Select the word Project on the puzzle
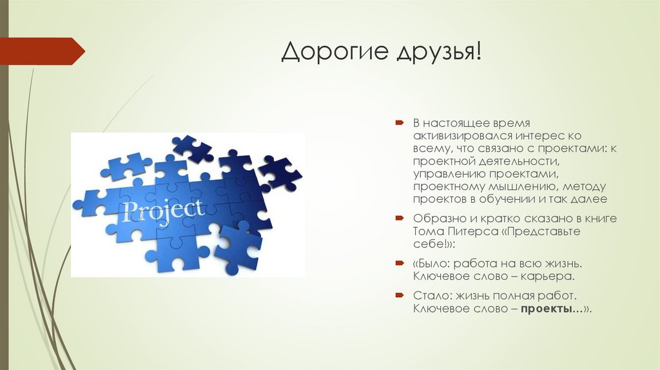(x=165, y=210)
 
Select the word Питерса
(x=467, y=231)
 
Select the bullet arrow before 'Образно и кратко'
(x=400, y=219)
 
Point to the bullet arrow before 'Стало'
(x=400, y=295)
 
